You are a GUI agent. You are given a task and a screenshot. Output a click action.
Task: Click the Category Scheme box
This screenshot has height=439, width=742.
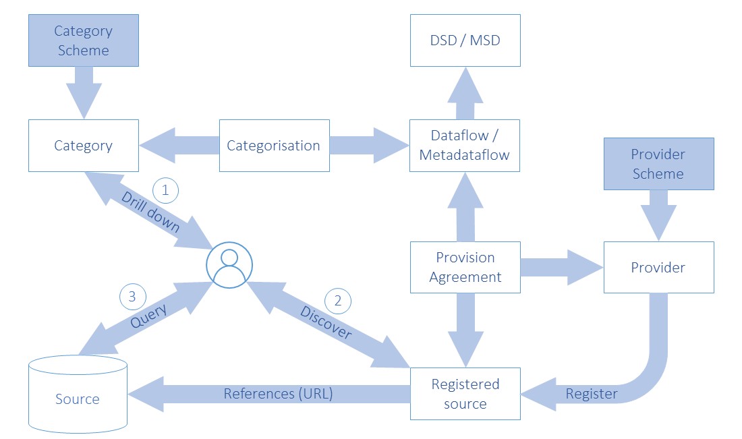click(84, 41)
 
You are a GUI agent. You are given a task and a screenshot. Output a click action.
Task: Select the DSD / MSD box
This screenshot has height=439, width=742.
click(465, 40)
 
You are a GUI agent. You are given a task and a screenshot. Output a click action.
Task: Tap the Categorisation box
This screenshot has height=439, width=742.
click(274, 146)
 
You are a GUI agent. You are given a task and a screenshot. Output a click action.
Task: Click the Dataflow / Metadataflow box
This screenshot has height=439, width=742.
click(465, 146)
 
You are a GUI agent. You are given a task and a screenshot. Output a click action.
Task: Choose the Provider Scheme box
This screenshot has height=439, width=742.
click(658, 164)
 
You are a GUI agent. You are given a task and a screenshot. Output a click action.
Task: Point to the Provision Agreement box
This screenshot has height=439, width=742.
click(465, 267)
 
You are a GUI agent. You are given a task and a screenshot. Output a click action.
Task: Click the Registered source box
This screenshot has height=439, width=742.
click(465, 394)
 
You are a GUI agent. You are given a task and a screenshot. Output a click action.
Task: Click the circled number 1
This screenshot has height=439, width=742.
click(166, 191)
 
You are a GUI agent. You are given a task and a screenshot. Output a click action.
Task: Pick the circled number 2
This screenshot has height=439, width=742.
click(339, 301)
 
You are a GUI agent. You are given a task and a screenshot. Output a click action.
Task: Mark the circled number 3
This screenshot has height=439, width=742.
click(132, 296)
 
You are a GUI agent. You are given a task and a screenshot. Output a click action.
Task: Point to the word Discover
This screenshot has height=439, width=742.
click(326, 323)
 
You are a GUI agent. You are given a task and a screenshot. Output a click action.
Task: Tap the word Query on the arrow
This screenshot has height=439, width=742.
click(148, 314)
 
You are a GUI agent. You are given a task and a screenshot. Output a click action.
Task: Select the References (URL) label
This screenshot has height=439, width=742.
click(278, 394)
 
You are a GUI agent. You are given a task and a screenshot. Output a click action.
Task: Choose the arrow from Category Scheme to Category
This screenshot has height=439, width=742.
click(84, 93)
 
